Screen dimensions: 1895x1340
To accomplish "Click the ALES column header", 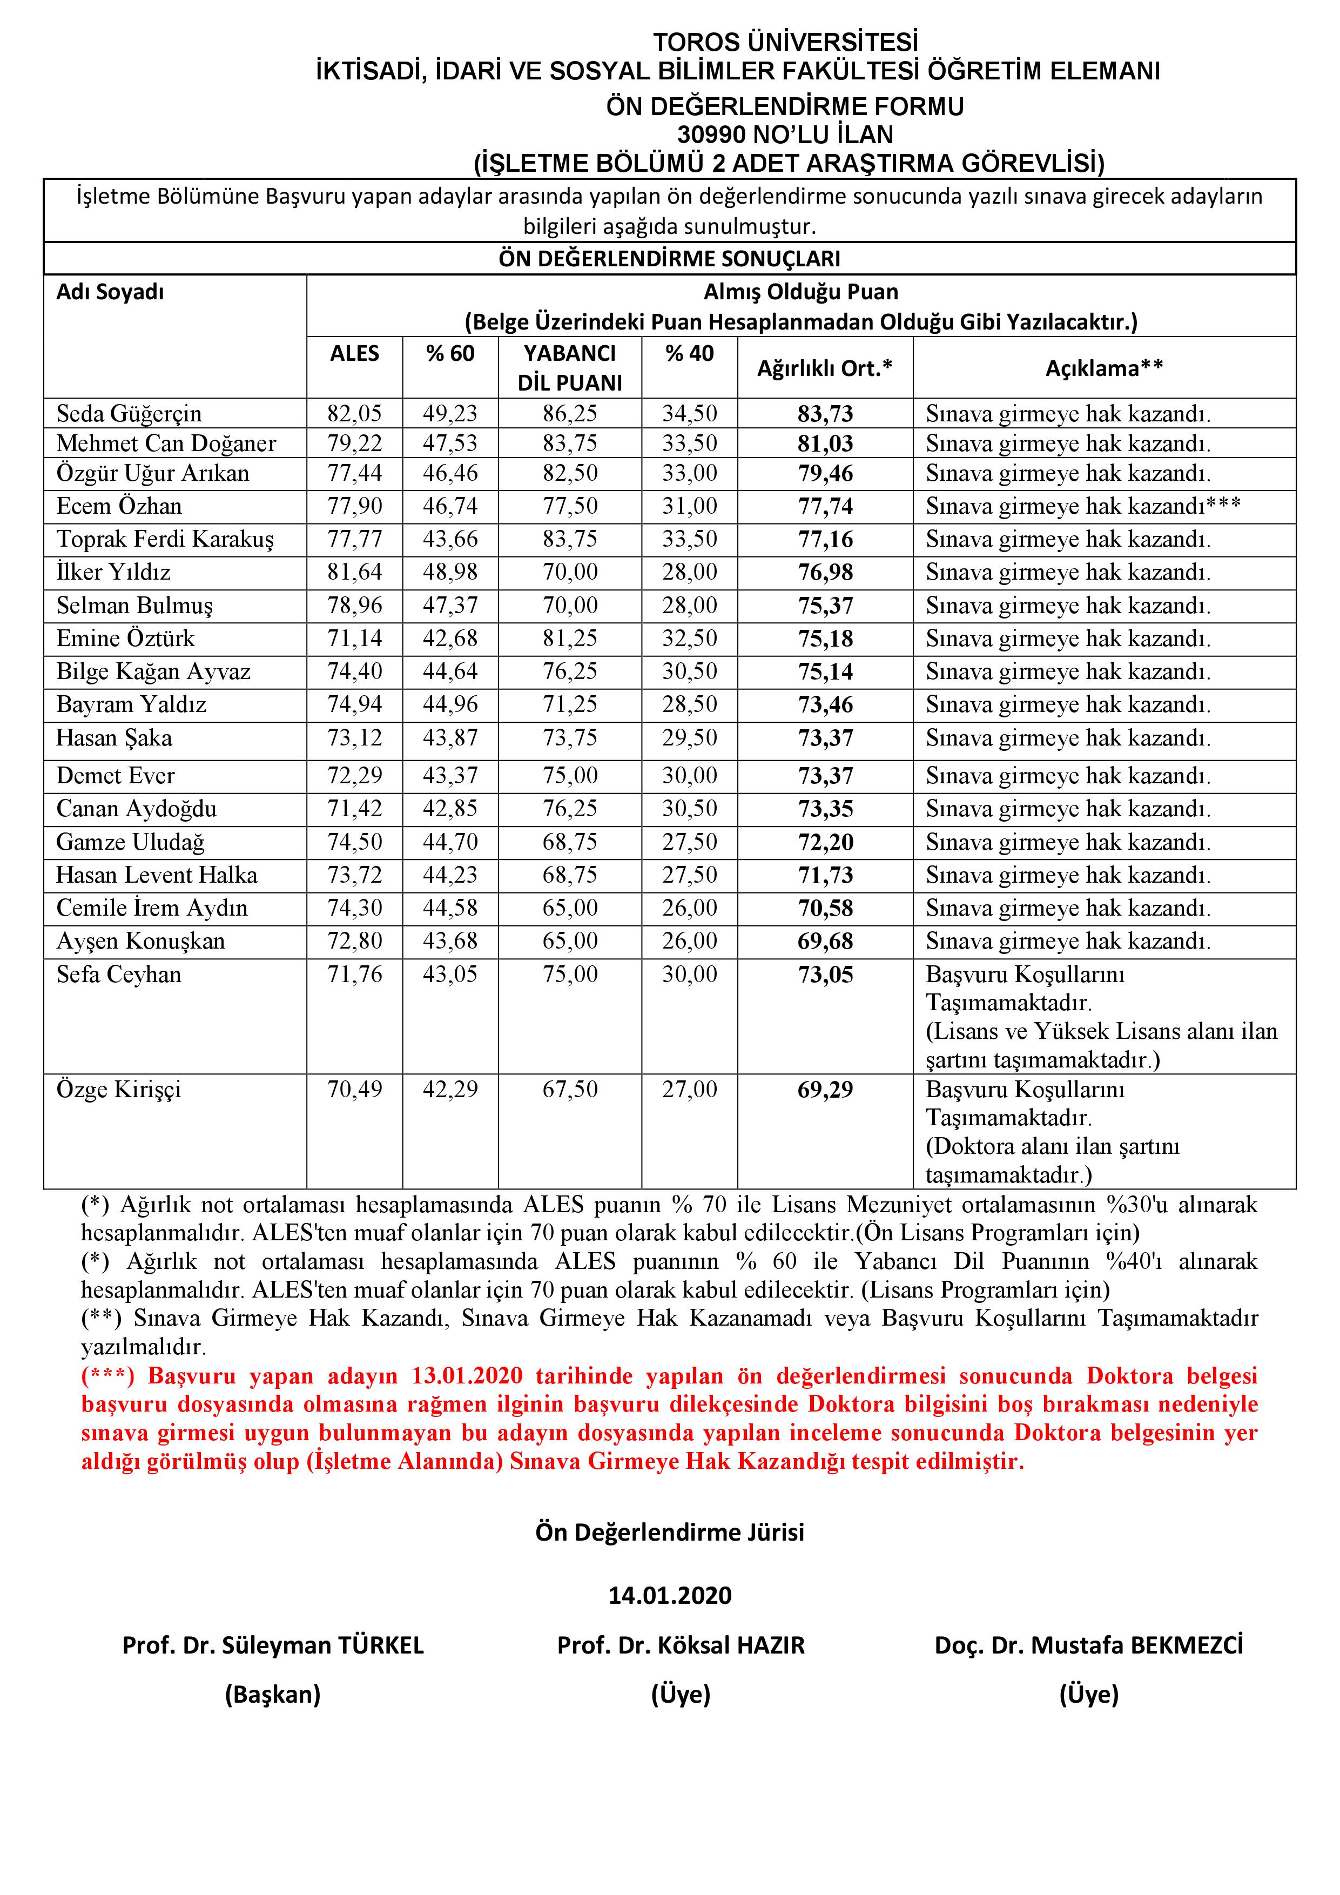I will click(x=355, y=353).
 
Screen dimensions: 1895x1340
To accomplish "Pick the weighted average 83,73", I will click(x=825, y=413).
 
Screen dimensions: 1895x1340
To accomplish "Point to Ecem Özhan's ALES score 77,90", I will click(x=355, y=506).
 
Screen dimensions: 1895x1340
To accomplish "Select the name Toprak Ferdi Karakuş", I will click(x=165, y=539).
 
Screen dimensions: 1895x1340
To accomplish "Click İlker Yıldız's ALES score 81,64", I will click(x=355, y=572).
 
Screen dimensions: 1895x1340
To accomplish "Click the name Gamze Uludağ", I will click(x=130, y=842).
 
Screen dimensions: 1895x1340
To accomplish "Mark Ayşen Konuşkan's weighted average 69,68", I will click(x=825, y=941).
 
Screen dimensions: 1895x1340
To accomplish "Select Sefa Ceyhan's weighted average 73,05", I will click(x=825, y=975).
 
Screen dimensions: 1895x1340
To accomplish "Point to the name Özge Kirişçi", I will click(x=119, y=1090).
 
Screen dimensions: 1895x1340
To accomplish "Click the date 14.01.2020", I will click(x=670, y=1595).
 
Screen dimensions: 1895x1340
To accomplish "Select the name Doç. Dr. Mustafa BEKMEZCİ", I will click(x=1088, y=1645).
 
